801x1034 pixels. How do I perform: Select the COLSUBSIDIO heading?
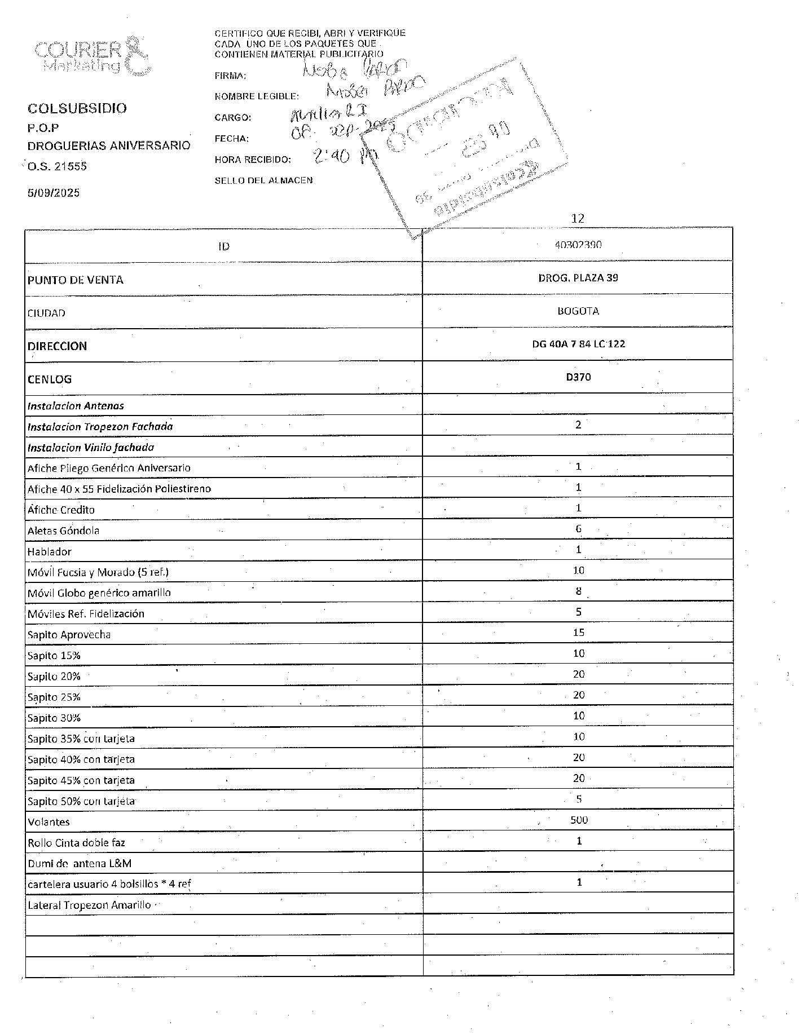pos(77,108)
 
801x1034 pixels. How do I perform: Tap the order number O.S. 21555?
pos(57,166)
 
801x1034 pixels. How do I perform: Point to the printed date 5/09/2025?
pos(54,193)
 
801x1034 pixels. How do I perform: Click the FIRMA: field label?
pos(230,76)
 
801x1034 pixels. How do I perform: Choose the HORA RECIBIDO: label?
pos(253,160)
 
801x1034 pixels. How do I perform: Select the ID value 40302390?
pos(578,245)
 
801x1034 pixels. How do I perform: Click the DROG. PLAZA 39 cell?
pos(578,278)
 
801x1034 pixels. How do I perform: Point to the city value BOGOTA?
pos(578,311)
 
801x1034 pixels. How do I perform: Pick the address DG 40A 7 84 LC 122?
pos(578,344)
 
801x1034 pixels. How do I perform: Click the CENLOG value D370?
pos(578,377)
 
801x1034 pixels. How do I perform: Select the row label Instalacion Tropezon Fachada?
pos(100,427)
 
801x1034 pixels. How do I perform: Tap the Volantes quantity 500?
pos(579,820)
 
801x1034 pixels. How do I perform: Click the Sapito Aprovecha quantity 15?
pos(578,633)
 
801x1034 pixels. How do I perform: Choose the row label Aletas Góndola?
pos(63,531)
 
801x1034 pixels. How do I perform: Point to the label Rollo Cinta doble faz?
pos(76,843)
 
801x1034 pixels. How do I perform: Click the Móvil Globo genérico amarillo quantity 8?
pos(578,591)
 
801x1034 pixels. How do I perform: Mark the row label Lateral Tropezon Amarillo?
pos(89,905)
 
